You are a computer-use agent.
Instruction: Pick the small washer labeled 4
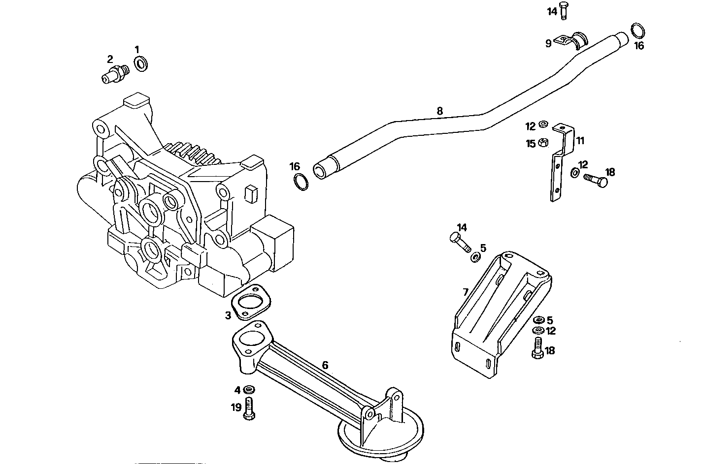pos(249,390)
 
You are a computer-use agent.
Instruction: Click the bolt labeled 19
pos(249,409)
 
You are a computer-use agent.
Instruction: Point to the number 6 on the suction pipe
pos(325,365)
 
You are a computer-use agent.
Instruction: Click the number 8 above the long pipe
pos(439,111)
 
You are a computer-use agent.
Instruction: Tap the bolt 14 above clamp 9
pos(565,11)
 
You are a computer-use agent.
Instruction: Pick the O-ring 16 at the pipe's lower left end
pos(301,181)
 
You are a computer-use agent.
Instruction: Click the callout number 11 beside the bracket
pos(580,141)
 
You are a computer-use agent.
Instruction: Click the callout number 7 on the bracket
pos(466,291)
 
